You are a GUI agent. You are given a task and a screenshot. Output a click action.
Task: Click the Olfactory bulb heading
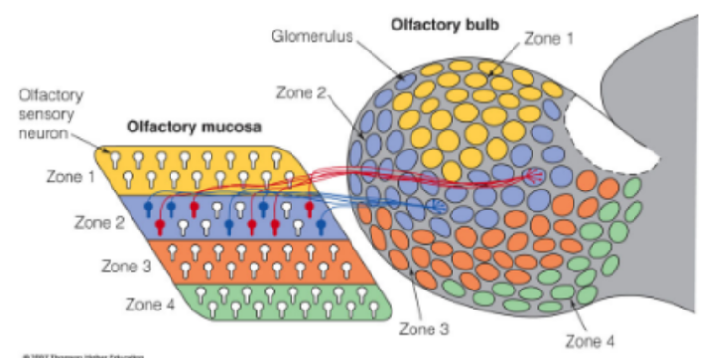click(437, 22)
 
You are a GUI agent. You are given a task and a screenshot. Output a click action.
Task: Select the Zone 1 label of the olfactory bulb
click(550, 39)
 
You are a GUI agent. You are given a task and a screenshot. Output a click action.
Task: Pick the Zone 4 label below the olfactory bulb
click(592, 339)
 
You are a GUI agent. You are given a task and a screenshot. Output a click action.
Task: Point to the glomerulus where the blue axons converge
click(438, 206)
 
